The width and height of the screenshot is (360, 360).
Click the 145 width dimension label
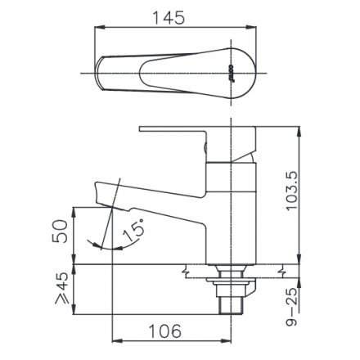pyautogui.click(x=169, y=18)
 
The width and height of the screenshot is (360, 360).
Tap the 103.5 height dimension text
pyautogui.click(x=291, y=191)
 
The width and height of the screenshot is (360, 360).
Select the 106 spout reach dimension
pyautogui.click(x=165, y=331)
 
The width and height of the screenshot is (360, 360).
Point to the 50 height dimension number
pyautogui.click(x=60, y=232)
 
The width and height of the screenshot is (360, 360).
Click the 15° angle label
pyautogui.click(x=133, y=231)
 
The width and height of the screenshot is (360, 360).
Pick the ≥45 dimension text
pyautogui.click(x=61, y=288)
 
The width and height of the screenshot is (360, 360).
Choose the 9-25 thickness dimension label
pyautogui.click(x=291, y=308)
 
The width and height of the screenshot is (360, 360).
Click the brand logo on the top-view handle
pyautogui.click(x=230, y=73)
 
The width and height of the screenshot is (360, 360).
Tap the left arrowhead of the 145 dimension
pyautogui.click(x=100, y=27)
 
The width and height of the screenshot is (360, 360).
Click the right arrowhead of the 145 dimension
pyautogui.click(x=251, y=27)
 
